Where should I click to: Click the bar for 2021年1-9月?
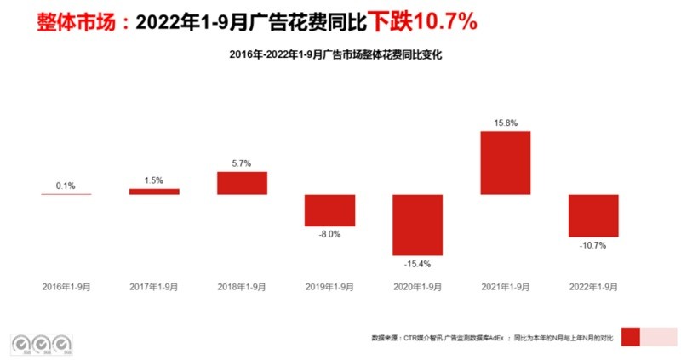(505, 163)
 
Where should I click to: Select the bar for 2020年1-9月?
(417, 225)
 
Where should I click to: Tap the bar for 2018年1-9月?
(242, 183)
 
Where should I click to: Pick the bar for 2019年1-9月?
(329, 210)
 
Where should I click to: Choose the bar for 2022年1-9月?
(593, 215)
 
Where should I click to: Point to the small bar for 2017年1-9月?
(154, 191)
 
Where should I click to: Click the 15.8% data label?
(505, 123)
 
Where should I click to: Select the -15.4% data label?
(417, 265)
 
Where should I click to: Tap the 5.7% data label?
(242, 163)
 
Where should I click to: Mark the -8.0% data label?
(329, 235)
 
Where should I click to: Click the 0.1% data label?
(66, 186)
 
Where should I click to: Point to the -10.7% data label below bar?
(593, 245)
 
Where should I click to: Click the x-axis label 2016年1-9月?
(66, 287)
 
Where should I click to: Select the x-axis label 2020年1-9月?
(417, 287)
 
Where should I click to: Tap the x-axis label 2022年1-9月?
(593, 287)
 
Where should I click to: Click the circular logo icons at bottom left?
(40, 343)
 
